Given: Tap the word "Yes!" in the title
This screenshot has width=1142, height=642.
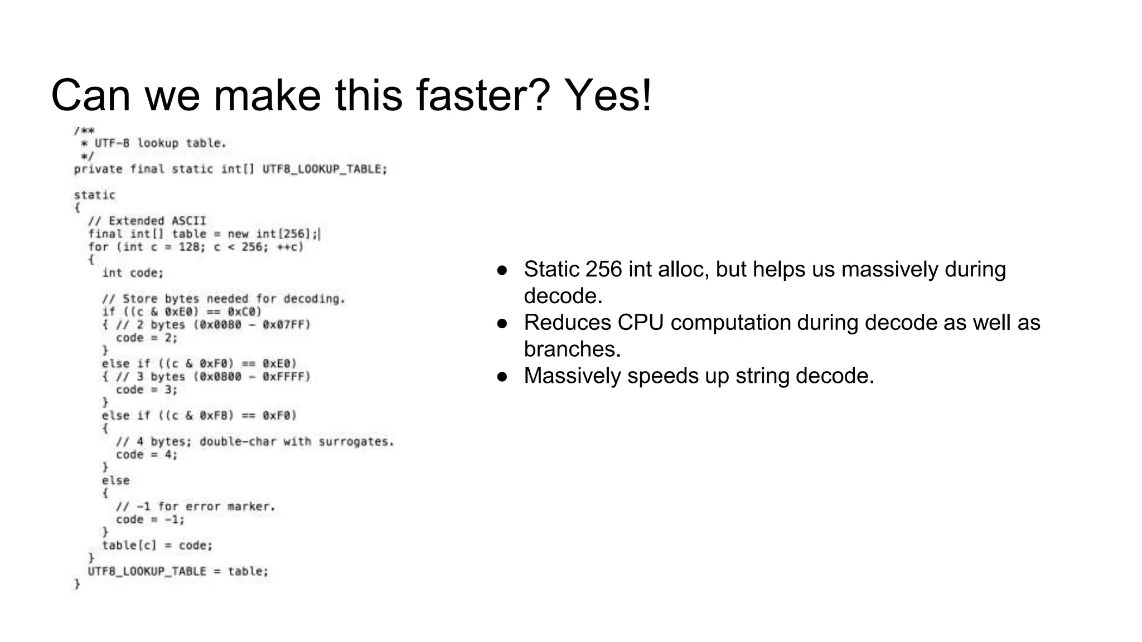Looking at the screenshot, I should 608,95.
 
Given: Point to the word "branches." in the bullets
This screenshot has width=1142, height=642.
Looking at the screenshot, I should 572,349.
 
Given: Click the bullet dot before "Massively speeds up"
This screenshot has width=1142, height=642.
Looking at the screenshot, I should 502,377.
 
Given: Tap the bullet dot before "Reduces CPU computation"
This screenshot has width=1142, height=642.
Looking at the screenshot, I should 502,323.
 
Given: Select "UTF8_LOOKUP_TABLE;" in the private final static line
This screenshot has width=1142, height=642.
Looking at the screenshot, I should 325,169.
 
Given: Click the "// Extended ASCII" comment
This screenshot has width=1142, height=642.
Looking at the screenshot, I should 147,221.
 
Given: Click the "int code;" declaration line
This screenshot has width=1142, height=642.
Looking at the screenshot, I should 133,273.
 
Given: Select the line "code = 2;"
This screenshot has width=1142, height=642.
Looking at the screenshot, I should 147,338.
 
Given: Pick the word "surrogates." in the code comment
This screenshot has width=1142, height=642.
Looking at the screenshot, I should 356,442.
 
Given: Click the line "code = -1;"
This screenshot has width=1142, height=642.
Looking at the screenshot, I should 150,519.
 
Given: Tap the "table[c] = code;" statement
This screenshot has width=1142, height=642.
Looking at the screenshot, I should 157,546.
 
